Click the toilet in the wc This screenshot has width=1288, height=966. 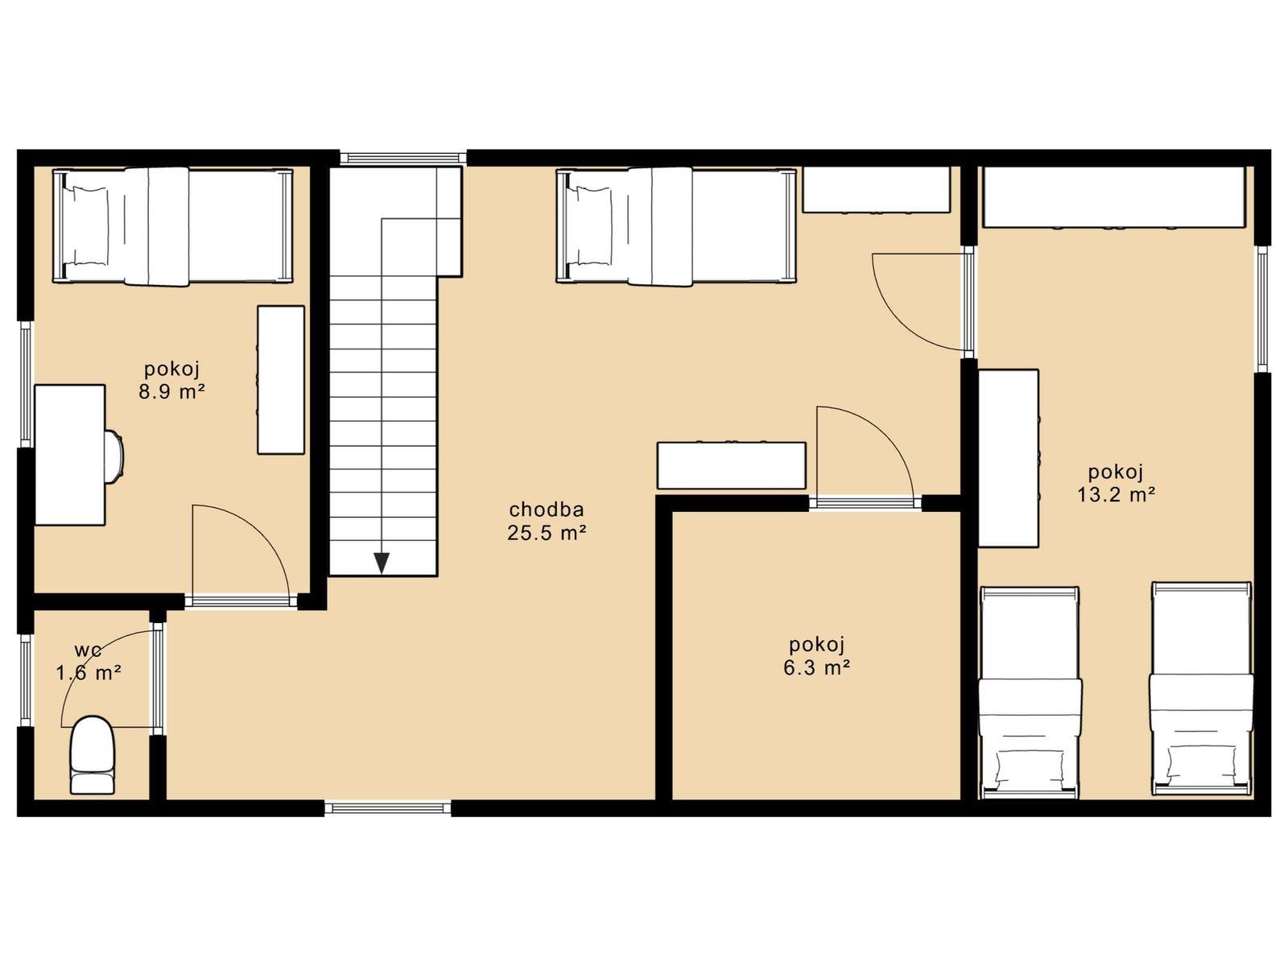(93, 754)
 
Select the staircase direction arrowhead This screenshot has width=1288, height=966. (382, 563)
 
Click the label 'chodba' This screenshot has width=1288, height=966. (547, 509)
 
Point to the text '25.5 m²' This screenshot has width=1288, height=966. (547, 533)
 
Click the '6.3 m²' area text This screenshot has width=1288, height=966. (817, 667)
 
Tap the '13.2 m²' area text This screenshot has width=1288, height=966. (1116, 494)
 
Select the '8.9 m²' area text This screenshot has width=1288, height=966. (172, 391)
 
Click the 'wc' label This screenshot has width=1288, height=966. (89, 650)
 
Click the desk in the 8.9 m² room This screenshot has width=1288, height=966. (70, 455)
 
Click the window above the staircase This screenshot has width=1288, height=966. (403, 158)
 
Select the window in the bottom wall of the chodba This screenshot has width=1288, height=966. (388, 808)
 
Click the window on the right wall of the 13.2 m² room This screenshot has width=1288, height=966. (1263, 308)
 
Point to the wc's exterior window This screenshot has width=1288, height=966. (25, 679)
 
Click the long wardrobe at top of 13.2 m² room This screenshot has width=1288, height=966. (1114, 197)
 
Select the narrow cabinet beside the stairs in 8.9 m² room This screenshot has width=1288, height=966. (281, 379)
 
